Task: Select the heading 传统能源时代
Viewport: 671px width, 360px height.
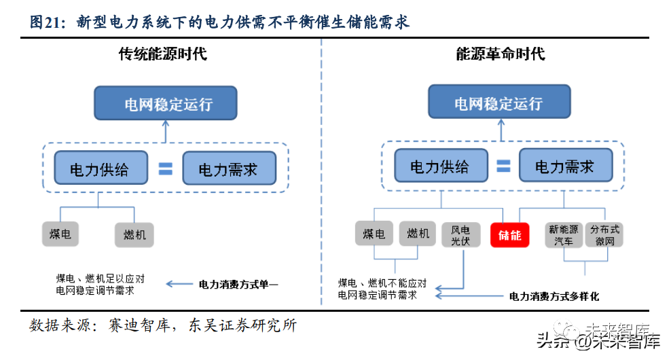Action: pos(163,54)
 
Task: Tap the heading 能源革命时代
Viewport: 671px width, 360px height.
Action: pos(501,54)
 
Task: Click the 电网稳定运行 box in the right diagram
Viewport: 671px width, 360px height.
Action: pos(498,105)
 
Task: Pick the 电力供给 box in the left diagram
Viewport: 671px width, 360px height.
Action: pos(100,168)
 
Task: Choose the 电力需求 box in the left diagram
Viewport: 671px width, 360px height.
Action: pos(229,168)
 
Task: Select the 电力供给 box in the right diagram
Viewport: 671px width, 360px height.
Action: pos(440,166)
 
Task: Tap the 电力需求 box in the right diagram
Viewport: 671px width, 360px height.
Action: pos(565,166)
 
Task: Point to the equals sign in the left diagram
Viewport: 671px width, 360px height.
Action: pos(165,168)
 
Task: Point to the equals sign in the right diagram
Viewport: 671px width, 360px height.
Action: pos(503,166)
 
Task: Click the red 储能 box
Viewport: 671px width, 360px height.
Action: pos(509,235)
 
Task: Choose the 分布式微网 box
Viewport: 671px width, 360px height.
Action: pos(604,235)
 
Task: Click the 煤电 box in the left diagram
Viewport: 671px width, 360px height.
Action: pos(60,234)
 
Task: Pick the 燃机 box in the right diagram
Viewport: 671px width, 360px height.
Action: pos(418,234)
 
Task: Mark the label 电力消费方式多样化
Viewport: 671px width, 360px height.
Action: pos(554,296)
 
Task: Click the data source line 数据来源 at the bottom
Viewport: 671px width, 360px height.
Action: pos(163,325)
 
